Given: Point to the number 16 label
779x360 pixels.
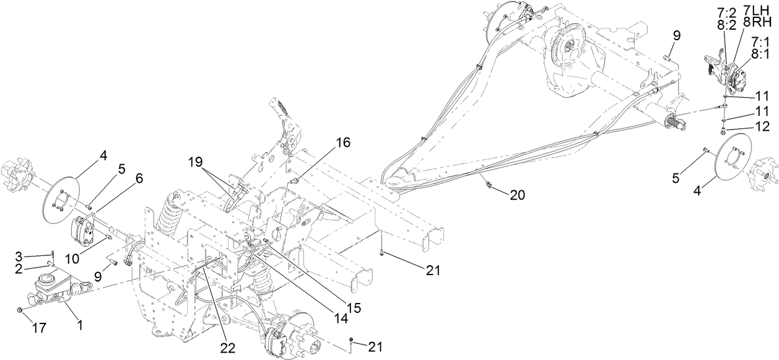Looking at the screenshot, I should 342,143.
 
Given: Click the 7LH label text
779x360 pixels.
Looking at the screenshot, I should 762,12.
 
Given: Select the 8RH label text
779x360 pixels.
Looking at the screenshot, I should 762,23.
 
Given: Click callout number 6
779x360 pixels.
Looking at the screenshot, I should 139,178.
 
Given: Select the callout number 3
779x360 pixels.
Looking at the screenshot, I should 19,256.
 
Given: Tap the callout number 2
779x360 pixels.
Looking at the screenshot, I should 19,268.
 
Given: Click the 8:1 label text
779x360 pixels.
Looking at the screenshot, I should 761,53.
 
